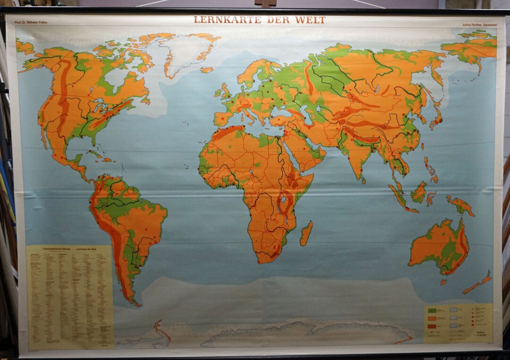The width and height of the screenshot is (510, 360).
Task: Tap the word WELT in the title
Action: click(311, 20)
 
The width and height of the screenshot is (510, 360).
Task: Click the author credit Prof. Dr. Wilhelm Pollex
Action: click(32, 22)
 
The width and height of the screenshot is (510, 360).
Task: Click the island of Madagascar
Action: click(306, 234)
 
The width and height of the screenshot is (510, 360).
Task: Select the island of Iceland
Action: click(206, 70)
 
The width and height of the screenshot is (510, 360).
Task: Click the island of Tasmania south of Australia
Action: click(444, 282)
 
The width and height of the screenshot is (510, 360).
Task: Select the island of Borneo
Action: click(419, 193)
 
